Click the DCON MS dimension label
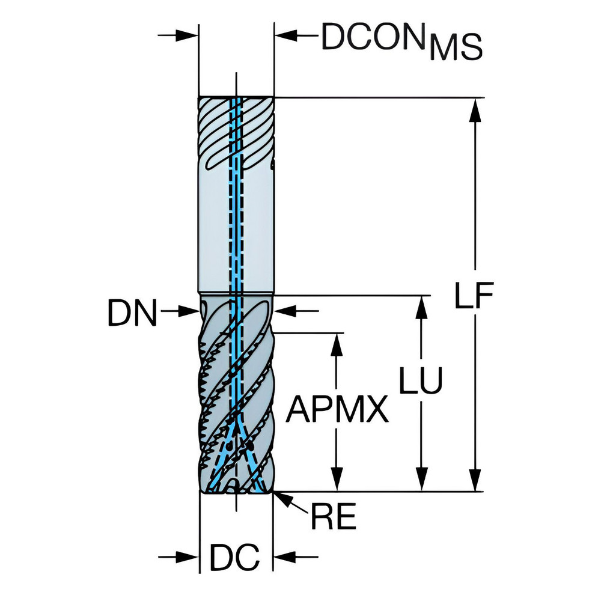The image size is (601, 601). point(401,41)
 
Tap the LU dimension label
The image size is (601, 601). point(421,380)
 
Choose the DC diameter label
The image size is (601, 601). point(234,558)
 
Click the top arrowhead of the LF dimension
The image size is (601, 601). point(476,108)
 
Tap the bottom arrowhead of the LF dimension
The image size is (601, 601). point(476,481)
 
